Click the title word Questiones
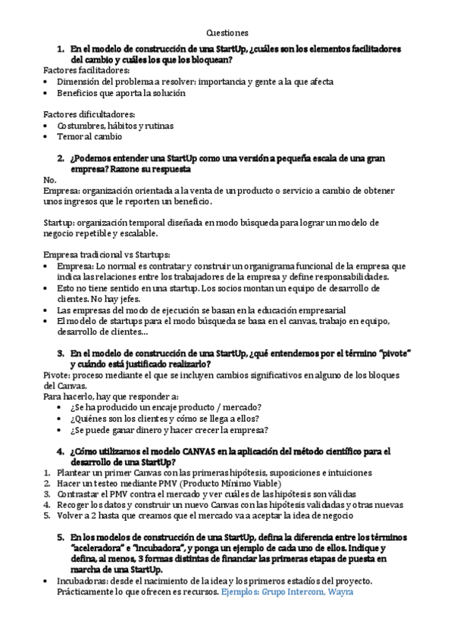[227, 33]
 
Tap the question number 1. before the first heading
[61, 48]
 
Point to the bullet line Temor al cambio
[89, 137]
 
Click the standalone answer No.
[51, 180]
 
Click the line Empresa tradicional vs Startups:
[107, 255]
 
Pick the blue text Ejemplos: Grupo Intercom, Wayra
[287, 591]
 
